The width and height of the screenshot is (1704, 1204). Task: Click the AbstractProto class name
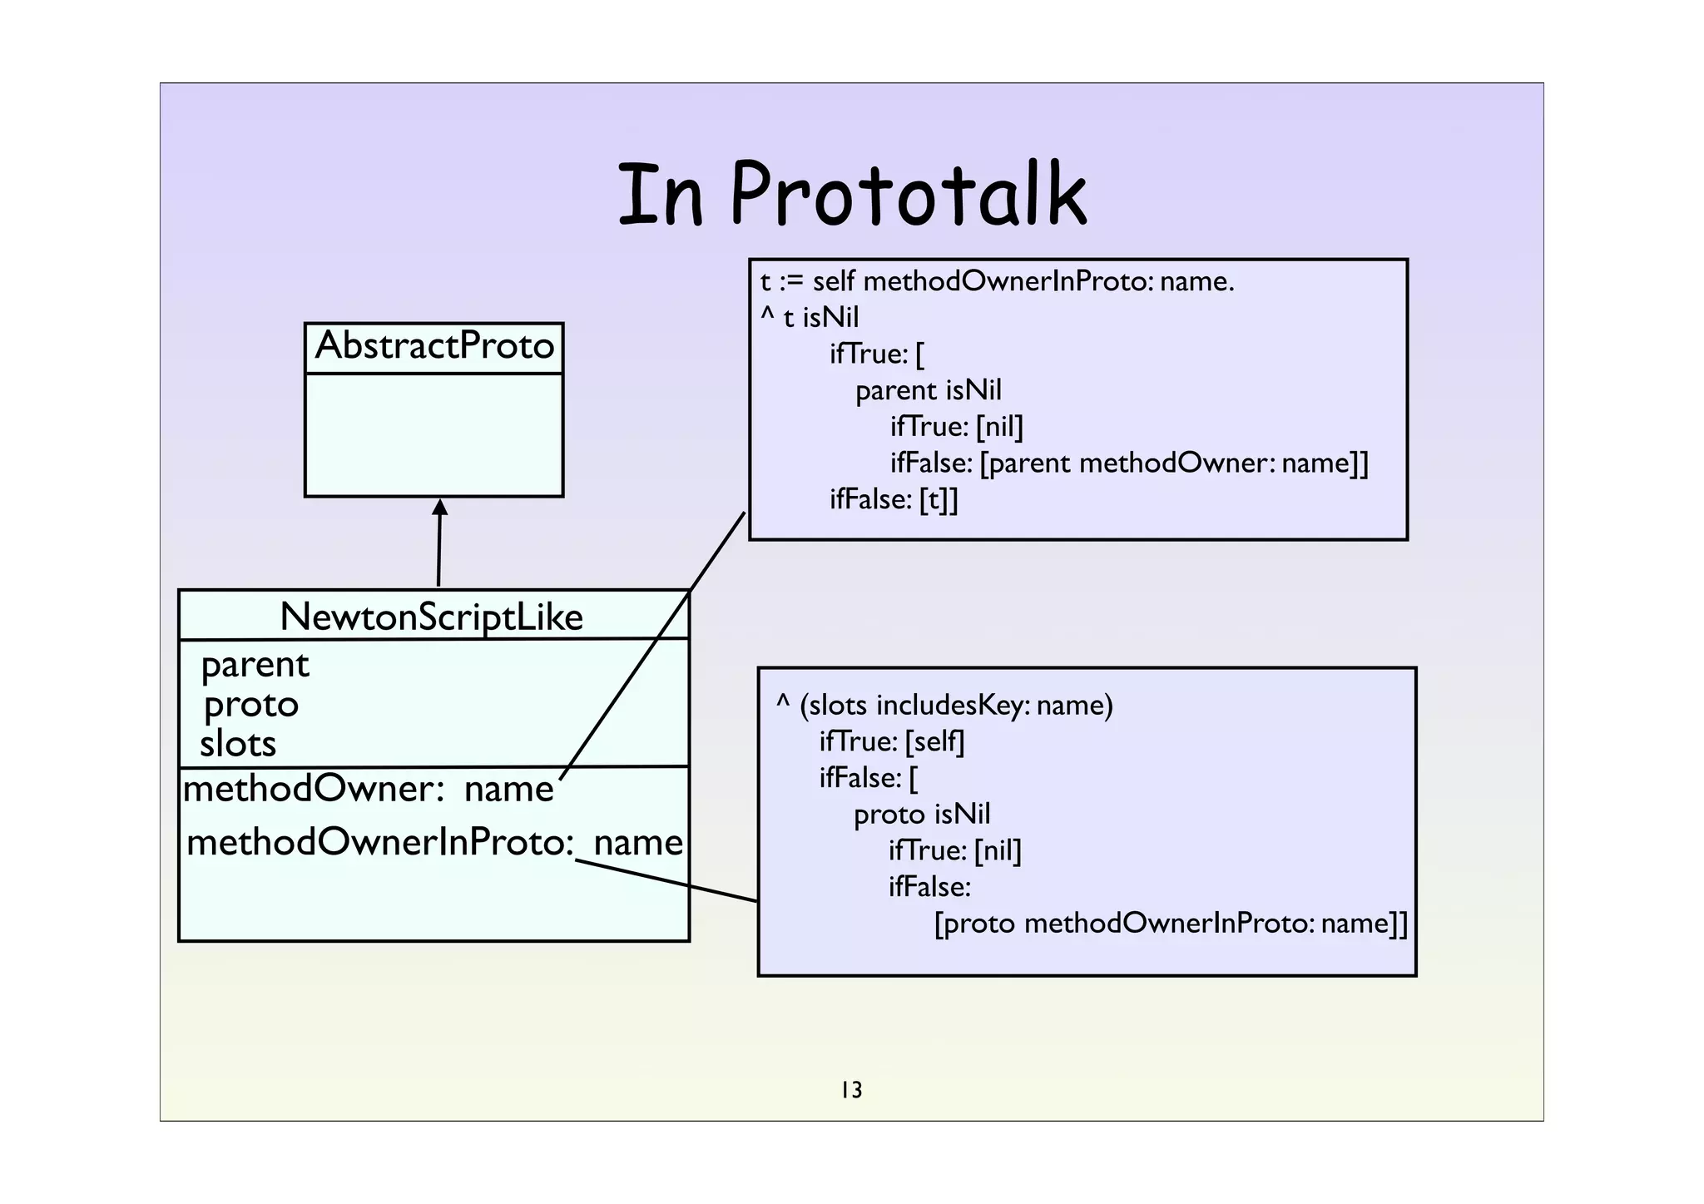click(x=434, y=346)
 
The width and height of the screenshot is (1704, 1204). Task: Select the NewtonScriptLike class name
click(x=432, y=617)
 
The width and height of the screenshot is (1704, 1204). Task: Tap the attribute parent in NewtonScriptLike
click(x=255, y=665)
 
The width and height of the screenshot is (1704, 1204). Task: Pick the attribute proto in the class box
click(x=250, y=705)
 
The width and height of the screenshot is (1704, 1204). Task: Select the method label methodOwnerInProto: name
click(x=433, y=843)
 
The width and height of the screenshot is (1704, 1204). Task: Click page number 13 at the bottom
click(x=851, y=1089)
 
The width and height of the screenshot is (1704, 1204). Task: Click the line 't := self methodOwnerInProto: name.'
click(x=996, y=281)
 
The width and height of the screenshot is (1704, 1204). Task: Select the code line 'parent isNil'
click(x=928, y=390)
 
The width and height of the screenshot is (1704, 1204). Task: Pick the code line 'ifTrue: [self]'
click(x=891, y=741)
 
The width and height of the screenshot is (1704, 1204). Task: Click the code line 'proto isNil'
click(x=921, y=814)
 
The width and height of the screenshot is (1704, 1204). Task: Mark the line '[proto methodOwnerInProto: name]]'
click(x=1170, y=924)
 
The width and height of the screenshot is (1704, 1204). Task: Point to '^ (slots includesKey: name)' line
click(x=944, y=705)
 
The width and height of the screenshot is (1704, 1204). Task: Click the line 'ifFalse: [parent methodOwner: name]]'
click(x=1128, y=463)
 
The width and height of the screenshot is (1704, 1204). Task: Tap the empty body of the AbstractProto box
click(x=433, y=434)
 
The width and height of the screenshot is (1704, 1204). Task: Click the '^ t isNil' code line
click(x=809, y=318)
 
